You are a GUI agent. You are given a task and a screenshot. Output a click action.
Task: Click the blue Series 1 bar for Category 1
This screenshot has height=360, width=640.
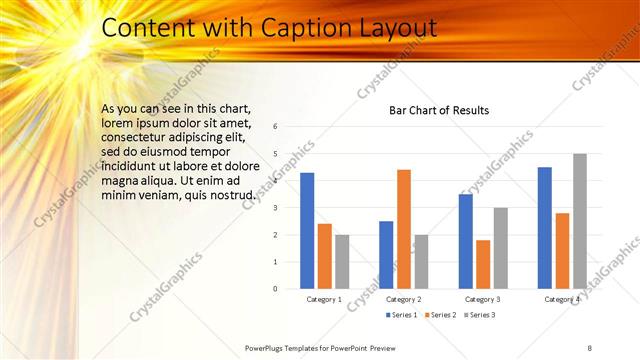(307, 231)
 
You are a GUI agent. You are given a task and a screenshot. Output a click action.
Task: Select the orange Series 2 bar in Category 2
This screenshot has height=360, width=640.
(404, 229)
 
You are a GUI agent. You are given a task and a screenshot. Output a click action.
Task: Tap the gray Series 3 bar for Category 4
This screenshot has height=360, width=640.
(580, 221)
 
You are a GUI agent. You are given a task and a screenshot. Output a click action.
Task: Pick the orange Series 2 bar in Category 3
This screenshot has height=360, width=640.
(484, 264)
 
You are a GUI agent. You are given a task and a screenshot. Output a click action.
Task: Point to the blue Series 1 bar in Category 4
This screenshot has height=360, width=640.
(545, 228)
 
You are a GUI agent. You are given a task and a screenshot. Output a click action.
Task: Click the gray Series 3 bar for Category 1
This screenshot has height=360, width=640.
(342, 262)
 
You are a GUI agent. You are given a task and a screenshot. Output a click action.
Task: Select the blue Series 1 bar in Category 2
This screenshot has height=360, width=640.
(386, 255)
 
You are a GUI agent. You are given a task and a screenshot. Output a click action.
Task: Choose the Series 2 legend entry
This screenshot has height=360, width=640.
(441, 315)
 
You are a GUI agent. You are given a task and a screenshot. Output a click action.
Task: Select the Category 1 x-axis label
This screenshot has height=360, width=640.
(324, 299)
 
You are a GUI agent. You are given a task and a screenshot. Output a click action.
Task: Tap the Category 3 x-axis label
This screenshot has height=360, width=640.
(484, 299)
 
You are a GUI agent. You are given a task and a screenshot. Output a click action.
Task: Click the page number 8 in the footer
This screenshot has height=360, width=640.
(589, 347)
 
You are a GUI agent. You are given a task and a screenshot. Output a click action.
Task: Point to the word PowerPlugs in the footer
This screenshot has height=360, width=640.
(267, 347)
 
